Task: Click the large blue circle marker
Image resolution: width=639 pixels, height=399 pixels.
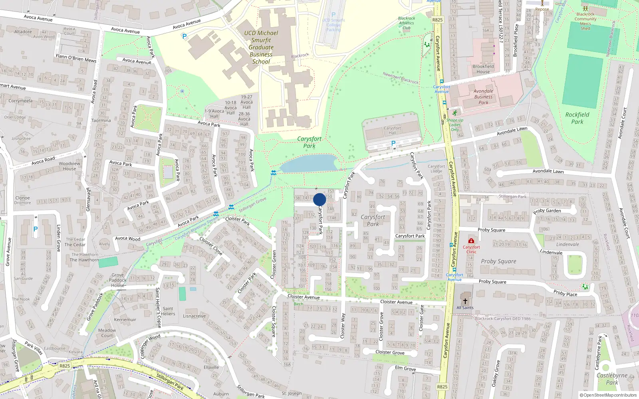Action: tap(319, 199)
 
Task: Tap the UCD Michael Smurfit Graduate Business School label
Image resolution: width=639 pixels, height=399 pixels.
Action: tap(261, 47)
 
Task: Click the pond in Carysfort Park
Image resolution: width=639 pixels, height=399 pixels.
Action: tap(309, 164)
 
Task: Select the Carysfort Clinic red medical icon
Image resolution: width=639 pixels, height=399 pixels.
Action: tap(471, 241)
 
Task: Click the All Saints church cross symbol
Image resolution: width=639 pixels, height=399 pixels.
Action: tap(465, 301)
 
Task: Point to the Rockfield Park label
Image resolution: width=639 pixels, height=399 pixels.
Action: tap(577, 118)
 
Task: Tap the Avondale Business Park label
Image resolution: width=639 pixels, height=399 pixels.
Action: tap(483, 97)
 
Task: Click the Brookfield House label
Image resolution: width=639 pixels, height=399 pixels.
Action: tap(483, 69)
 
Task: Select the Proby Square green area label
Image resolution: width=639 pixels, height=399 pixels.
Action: tap(498, 261)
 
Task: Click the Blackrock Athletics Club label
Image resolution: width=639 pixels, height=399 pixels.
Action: tap(407, 23)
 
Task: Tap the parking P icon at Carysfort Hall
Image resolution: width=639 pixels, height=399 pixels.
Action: tap(393, 143)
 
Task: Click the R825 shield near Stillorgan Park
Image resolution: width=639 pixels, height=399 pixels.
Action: tap(65, 366)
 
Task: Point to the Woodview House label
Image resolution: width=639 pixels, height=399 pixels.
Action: tap(69, 166)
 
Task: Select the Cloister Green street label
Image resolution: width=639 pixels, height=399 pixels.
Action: tap(274, 265)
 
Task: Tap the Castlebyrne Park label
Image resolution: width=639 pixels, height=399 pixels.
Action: tap(612, 379)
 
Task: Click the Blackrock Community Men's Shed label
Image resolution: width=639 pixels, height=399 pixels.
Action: tap(585, 21)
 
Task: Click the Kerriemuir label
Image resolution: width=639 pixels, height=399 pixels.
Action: tap(125, 320)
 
